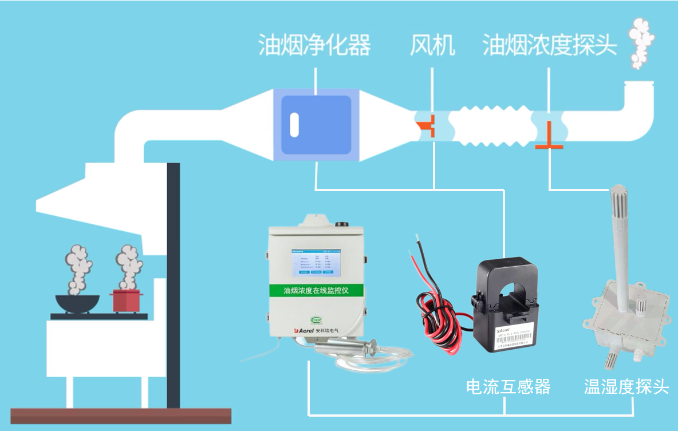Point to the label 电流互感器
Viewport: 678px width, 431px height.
tap(508, 387)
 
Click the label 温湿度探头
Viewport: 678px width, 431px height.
tap(626, 387)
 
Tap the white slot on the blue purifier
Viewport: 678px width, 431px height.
tap(294, 125)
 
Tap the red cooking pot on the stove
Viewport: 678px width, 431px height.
tap(126, 300)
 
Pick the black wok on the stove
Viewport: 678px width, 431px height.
tap(77, 303)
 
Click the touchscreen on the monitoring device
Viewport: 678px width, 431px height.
tap(316, 263)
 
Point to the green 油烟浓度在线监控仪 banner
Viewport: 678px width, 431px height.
tap(316, 291)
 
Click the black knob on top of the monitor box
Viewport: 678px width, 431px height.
tap(344, 225)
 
